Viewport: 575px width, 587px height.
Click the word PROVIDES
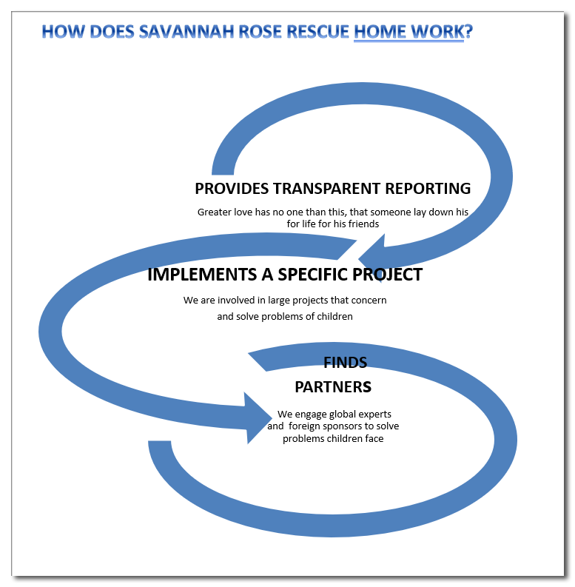coord(232,188)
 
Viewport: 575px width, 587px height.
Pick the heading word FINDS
coord(345,362)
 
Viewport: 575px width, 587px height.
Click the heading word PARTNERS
coord(332,387)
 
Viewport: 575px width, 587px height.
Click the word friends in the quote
coord(361,224)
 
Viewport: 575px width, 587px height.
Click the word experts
coord(373,415)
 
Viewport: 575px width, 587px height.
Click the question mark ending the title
coord(468,33)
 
